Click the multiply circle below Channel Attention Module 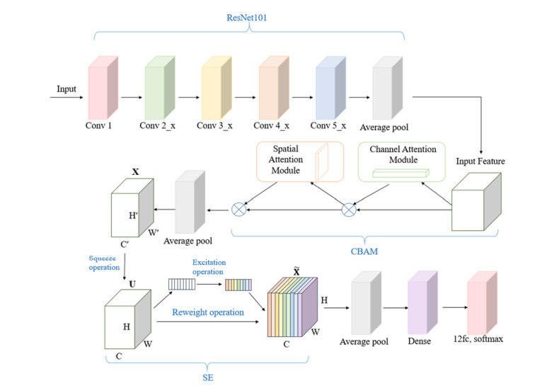(x=347, y=210)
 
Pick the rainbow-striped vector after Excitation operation (x=238, y=285)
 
